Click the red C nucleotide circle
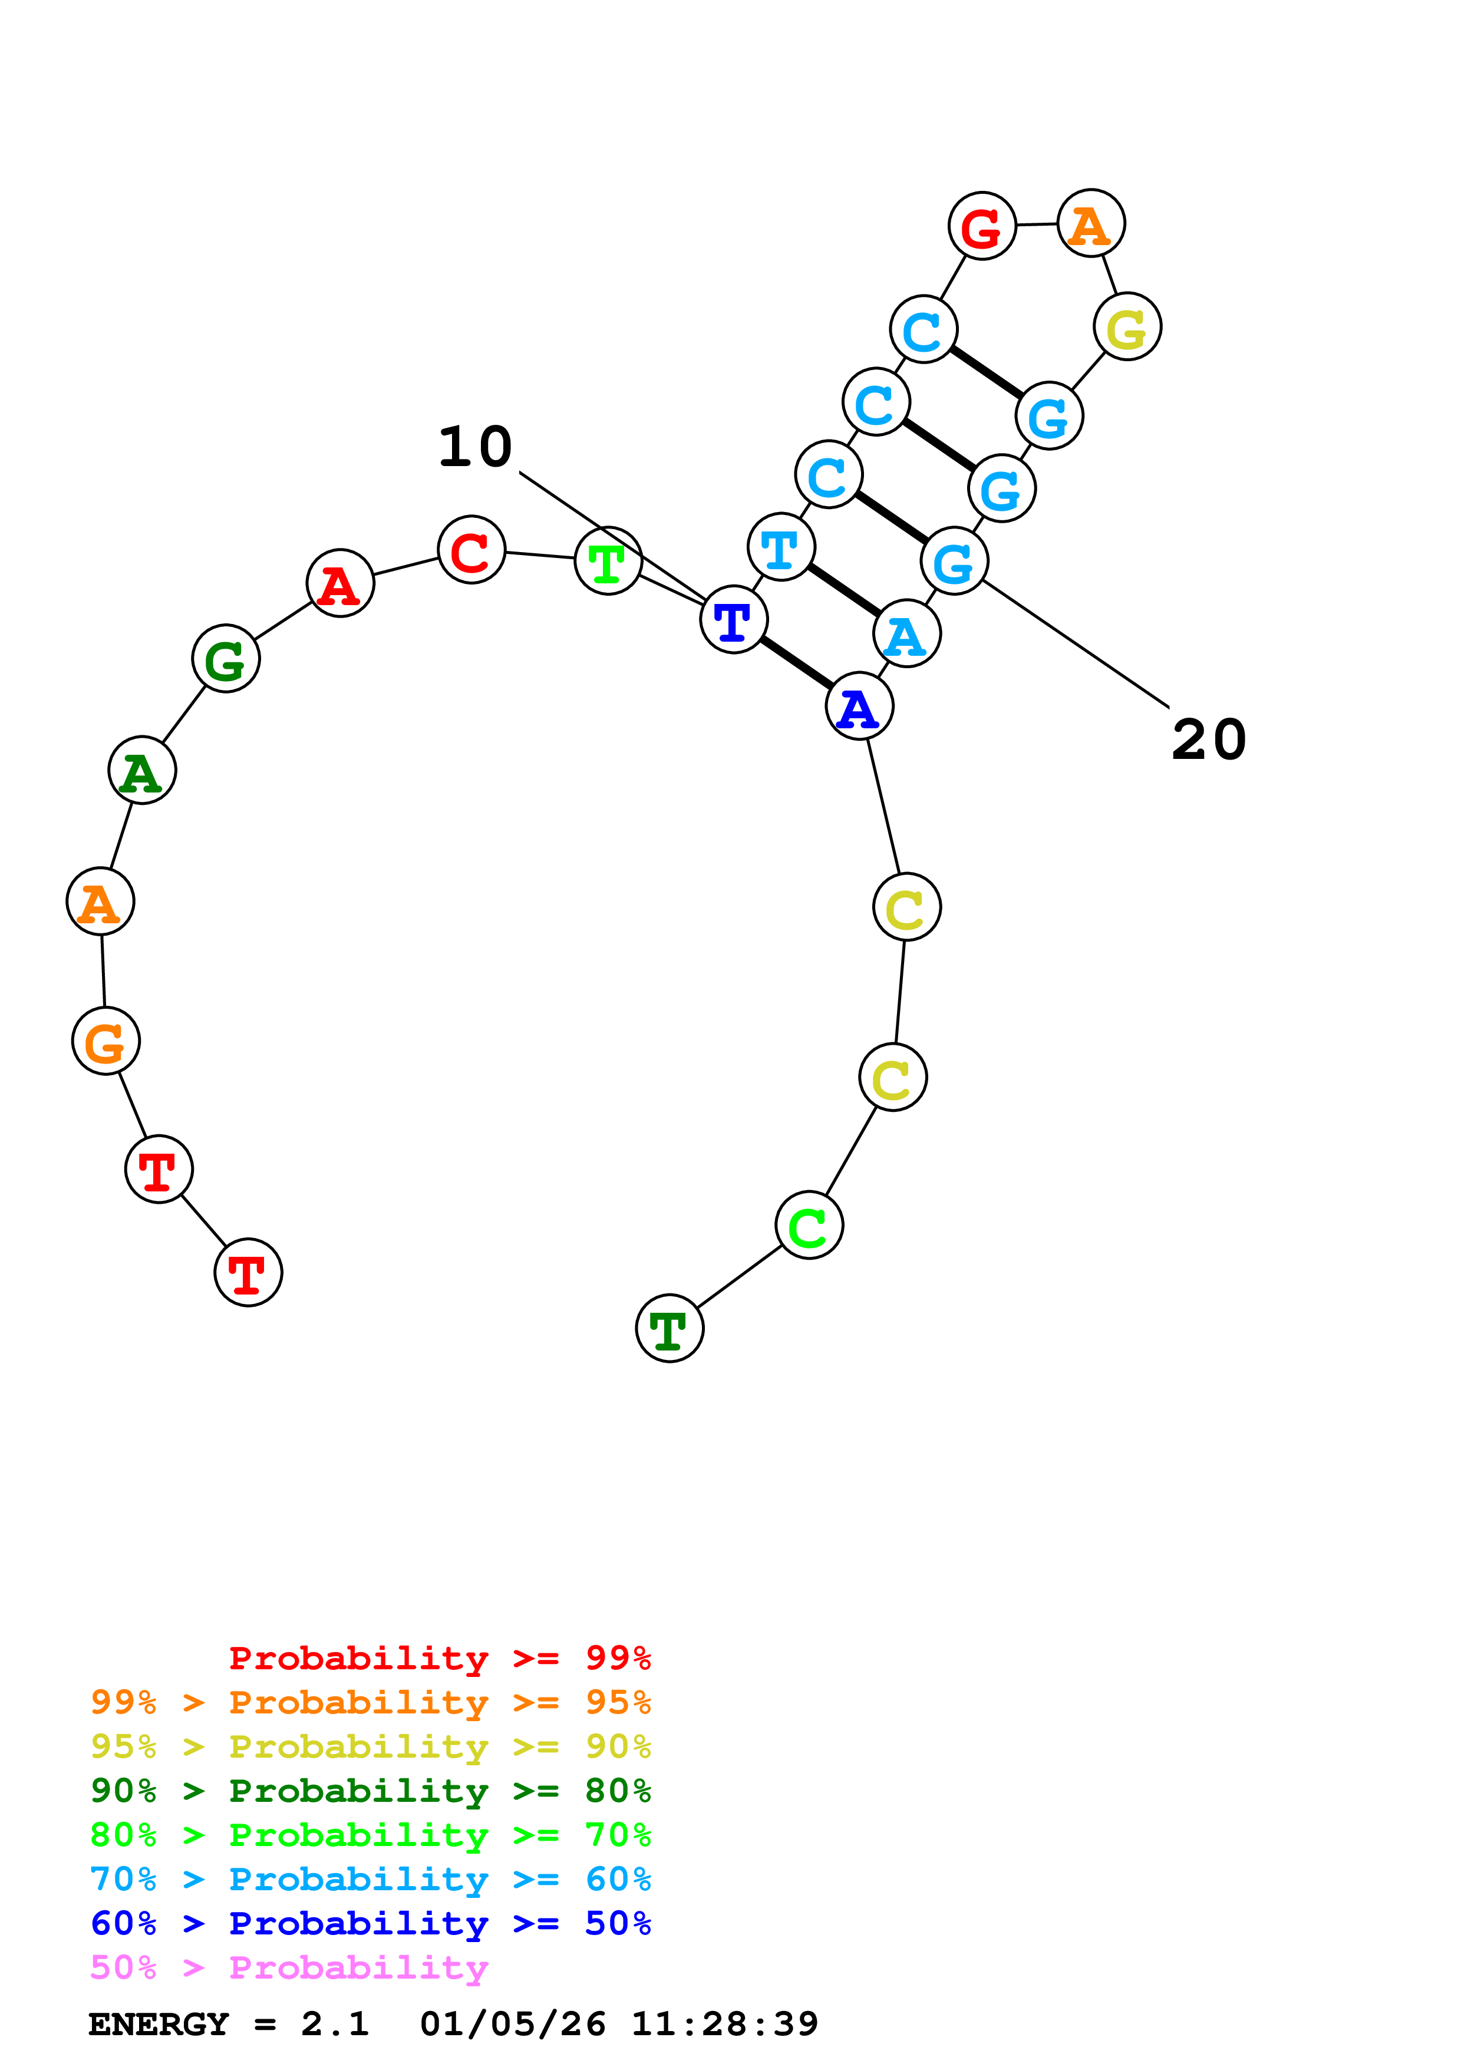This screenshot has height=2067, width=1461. coord(471,550)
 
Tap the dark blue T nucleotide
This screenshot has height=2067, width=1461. coord(734,619)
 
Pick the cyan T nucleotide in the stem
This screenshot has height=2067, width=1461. coord(780,547)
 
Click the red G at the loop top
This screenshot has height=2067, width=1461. coord(982,226)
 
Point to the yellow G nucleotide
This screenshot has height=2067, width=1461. coord(1127,327)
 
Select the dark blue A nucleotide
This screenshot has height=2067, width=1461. coord(859,706)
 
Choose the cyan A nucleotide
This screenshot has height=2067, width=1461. coord(906,634)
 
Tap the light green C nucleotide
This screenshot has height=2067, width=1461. coord(809,1225)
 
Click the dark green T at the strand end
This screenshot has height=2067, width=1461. coord(669,1329)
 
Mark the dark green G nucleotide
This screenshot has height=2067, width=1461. coord(226,659)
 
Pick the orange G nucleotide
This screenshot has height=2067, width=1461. coord(106,1042)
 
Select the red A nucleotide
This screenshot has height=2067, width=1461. coord(340,583)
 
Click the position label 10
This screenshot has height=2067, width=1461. coord(475,447)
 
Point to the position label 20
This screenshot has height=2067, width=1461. coord(1208,740)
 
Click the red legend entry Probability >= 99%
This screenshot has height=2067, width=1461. coord(439,1658)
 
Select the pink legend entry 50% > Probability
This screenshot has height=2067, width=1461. coord(289,1968)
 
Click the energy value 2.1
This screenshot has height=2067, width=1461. coord(335,2025)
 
